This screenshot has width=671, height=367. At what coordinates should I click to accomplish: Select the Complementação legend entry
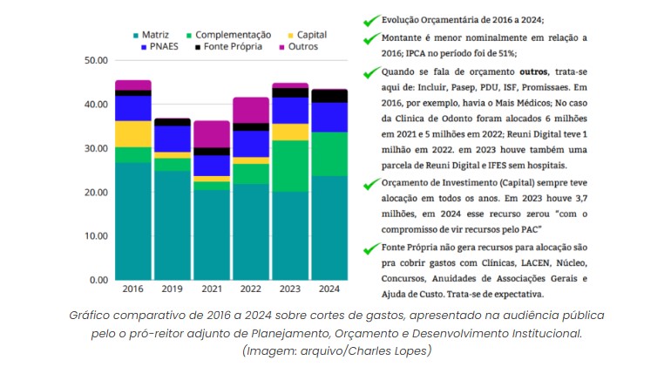pyautogui.click(x=228, y=34)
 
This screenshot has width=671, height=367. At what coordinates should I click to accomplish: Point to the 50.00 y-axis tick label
pyautogui.click(x=93, y=60)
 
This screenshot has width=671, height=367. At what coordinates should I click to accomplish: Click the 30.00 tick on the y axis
pyautogui.click(x=93, y=148)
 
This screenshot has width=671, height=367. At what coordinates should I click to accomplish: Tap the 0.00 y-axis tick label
pyautogui.click(x=96, y=280)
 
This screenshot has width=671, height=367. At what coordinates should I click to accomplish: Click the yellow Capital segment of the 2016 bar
pyautogui.click(x=132, y=133)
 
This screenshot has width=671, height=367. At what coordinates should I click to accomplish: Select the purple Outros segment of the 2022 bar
pyautogui.click(x=251, y=110)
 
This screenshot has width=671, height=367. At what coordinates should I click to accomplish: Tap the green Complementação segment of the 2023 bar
pyautogui.click(x=290, y=166)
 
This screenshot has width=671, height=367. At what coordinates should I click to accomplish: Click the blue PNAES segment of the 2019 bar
pyautogui.click(x=172, y=139)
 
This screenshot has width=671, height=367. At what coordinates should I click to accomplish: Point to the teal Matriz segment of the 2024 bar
pyautogui.click(x=330, y=227)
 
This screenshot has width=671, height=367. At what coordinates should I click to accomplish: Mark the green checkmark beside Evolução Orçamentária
pyautogui.click(x=372, y=20)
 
